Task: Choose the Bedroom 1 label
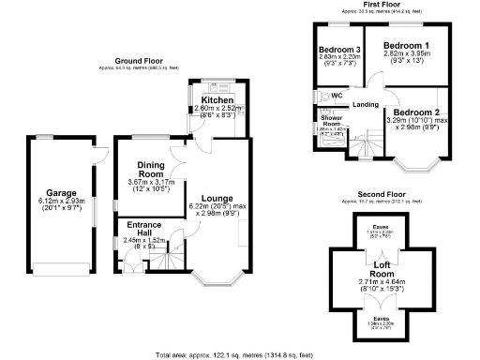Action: pyautogui.click(x=407, y=45)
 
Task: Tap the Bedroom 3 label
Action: pyautogui.click(x=339, y=50)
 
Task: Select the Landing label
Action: pyautogui.click(x=366, y=104)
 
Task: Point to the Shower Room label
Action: pyautogui.click(x=332, y=123)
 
